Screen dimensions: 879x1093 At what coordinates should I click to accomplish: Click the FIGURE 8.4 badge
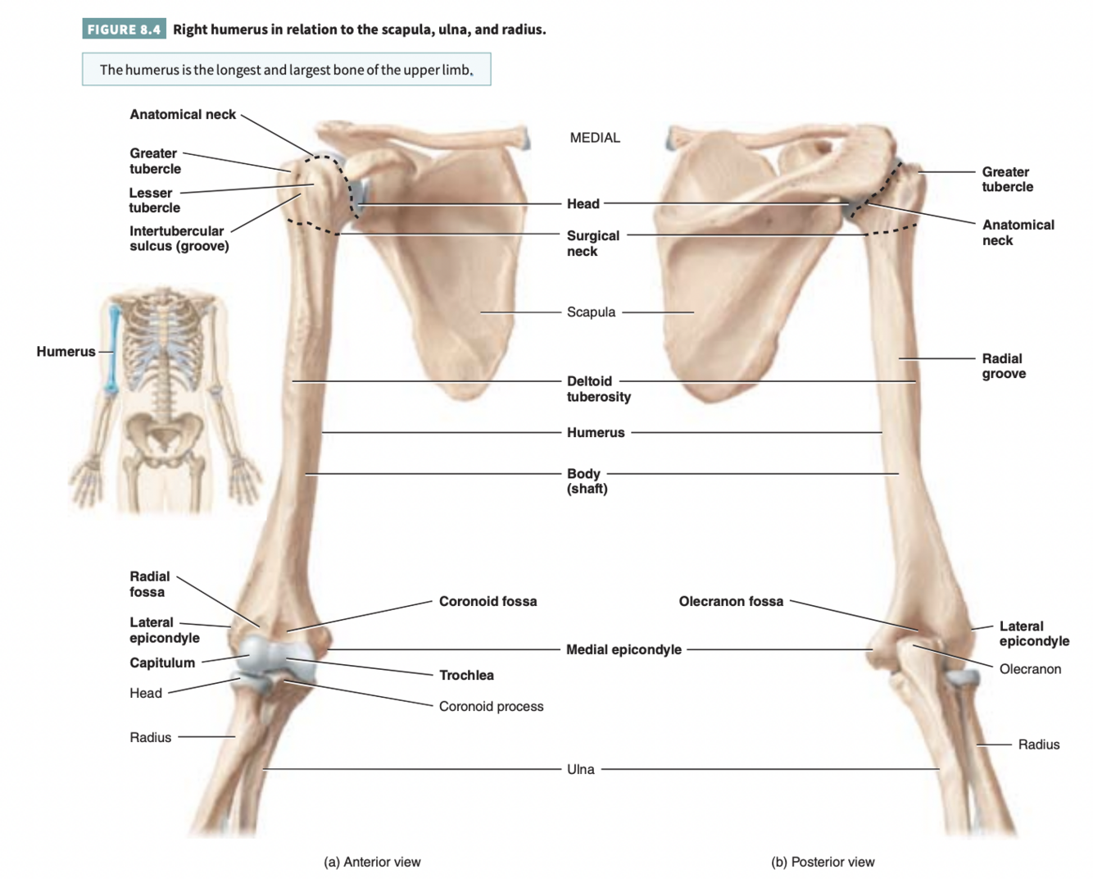[x=124, y=30]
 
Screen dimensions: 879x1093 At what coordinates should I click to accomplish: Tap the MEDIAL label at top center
[x=595, y=138]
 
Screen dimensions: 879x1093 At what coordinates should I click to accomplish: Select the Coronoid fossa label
[x=488, y=601]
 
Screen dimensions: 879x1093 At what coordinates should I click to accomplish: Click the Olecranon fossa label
[x=731, y=601]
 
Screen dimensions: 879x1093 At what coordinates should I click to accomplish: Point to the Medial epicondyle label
[x=624, y=649]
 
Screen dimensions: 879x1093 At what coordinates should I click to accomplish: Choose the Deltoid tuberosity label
[x=598, y=389]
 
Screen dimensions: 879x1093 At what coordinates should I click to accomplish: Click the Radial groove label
[x=1004, y=366]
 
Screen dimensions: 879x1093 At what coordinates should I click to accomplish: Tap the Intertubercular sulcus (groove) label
[x=179, y=239]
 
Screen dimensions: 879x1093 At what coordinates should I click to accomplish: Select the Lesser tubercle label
[x=154, y=200]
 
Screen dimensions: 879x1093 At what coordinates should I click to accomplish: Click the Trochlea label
[x=466, y=675]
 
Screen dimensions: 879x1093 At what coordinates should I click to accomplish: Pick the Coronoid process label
[x=491, y=706]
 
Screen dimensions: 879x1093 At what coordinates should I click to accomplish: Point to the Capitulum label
[x=162, y=663]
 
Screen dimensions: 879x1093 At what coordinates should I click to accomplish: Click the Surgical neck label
[x=592, y=243]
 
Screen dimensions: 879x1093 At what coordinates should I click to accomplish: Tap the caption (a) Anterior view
[x=372, y=862]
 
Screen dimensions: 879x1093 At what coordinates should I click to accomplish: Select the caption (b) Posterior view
[x=823, y=862]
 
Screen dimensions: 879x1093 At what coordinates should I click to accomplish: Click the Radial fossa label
[x=149, y=584]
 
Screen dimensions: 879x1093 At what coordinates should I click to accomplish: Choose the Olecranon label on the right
[x=1030, y=669]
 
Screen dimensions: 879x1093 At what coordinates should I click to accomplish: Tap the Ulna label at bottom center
[x=580, y=769]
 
